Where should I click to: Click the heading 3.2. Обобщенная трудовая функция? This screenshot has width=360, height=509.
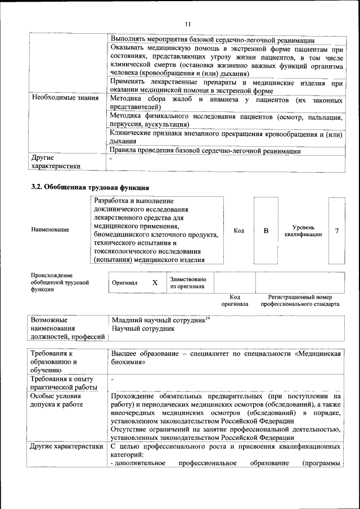pyautogui.click(x=90, y=187)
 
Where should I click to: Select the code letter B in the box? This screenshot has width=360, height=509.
pyautogui.click(x=266, y=231)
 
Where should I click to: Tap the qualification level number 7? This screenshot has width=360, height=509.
pyautogui.click(x=336, y=231)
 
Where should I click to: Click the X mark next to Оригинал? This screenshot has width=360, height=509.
pyautogui.click(x=155, y=283)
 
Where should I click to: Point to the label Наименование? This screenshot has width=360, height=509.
pyautogui.click(x=51, y=230)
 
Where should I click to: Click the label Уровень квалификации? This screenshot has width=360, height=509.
pyautogui.click(x=303, y=231)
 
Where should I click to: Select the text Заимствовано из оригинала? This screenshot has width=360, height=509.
pyautogui.click(x=188, y=283)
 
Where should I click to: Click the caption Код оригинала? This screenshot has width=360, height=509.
pyautogui.click(x=235, y=300)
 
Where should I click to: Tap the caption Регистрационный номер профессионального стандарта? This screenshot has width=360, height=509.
pyautogui.click(x=300, y=300)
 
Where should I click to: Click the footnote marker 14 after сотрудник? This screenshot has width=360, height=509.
pyautogui.click(x=208, y=318)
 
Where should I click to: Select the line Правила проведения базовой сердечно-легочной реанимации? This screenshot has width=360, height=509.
pyautogui.click(x=206, y=151)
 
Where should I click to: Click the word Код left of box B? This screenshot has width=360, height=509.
pyautogui.click(x=238, y=231)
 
